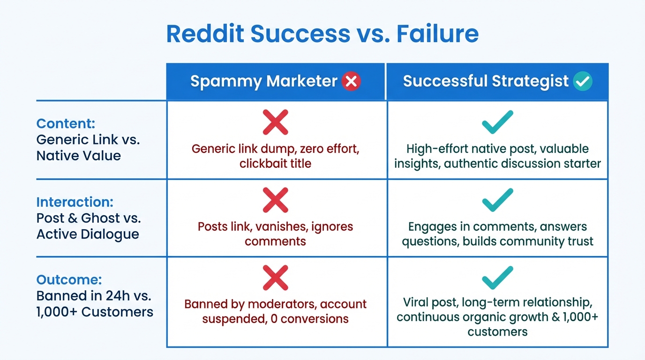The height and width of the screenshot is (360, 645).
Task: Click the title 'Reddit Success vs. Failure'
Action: [322, 34]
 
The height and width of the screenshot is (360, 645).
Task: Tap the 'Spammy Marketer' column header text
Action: [263, 82]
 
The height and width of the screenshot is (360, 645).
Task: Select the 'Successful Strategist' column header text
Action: [486, 82]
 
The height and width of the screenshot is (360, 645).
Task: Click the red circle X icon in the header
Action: [351, 82]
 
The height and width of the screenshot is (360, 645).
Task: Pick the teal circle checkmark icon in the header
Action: [583, 82]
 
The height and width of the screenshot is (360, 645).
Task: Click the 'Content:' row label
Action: [66, 124]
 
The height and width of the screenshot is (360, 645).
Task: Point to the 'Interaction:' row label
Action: [75, 202]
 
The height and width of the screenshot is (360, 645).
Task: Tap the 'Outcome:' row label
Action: [69, 280]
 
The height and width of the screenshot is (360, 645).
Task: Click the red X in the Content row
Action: [275, 123]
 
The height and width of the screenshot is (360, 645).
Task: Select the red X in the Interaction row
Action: [275, 201]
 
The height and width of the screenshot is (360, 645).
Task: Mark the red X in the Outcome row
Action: [275, 278]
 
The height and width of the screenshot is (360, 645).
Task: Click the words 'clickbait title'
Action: [275, 164]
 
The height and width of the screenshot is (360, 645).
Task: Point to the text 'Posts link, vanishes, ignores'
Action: [275, 227]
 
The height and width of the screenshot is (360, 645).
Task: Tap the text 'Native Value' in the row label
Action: [78, 156]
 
